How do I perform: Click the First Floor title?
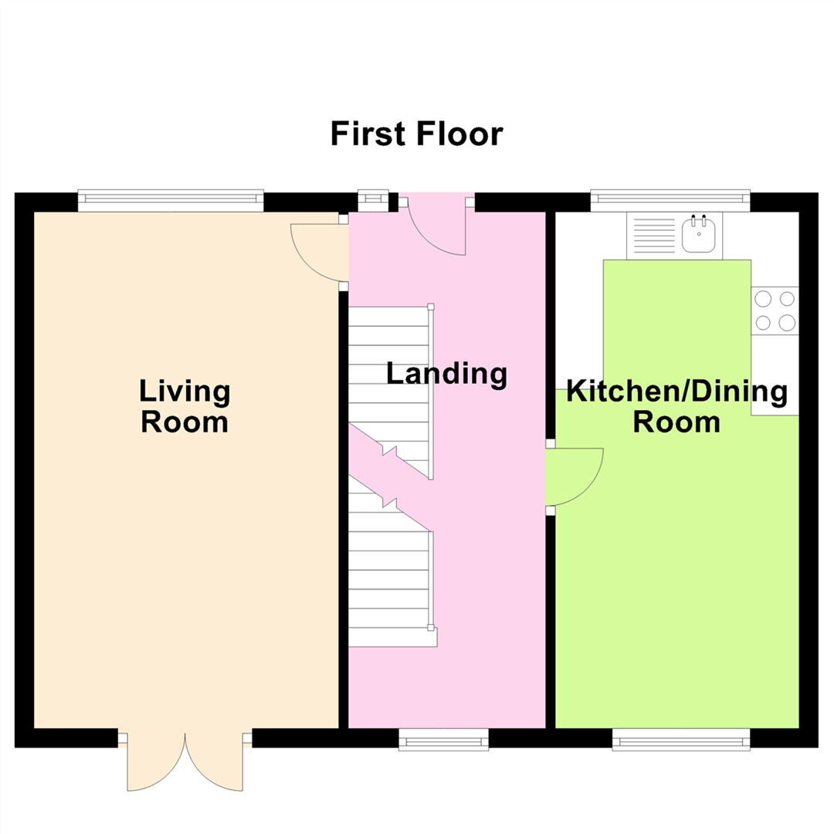point(416,134)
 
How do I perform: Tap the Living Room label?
point(185,406)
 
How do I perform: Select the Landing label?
point(446,374)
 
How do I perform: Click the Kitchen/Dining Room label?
point(676,406)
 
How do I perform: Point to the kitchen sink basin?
point(698,236)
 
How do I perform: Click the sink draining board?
point(654,236)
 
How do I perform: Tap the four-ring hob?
point(775,310)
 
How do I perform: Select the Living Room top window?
point(171,201)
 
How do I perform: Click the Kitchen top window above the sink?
point(670,201)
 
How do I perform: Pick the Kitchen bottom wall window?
point(681,739)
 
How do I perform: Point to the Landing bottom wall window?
point(443,739)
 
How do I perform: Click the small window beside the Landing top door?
point(373,201)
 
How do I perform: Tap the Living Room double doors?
point(185,761)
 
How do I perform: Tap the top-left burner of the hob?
point(763,299)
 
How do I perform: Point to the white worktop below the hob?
point(775,375)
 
